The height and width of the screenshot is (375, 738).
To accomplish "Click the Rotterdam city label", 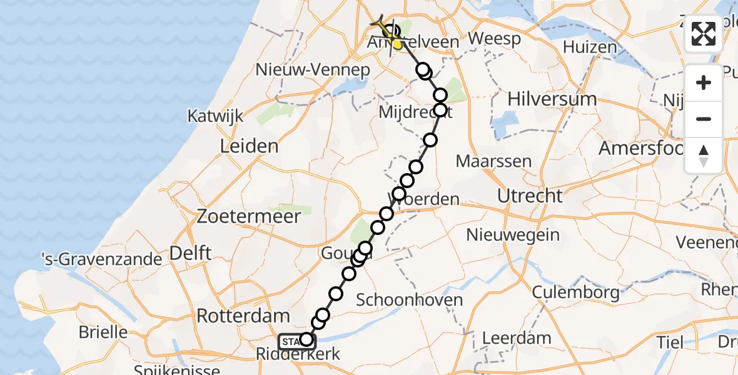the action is tap(243, 316).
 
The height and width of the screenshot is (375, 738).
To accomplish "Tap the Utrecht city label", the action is tap(530, 196).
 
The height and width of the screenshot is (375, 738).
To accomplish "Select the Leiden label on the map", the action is tap(249, 146).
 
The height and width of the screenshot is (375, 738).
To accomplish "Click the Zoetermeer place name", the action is tap(249, 217).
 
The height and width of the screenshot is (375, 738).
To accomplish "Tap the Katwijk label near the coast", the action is tap(215, 116).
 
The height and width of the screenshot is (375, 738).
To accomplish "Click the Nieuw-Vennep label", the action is tap(313, 69).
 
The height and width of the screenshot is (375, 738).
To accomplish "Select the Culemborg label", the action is tap(576, 292).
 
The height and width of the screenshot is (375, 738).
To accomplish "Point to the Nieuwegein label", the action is tap(512, 235).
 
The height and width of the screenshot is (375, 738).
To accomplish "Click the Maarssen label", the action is tap(493, 161).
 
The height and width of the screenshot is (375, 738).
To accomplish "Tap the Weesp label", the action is tap(494, 39).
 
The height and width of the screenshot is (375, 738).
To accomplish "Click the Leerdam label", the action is tap(517, 339).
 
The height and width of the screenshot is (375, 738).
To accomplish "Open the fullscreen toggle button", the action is tap(704, 34).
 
